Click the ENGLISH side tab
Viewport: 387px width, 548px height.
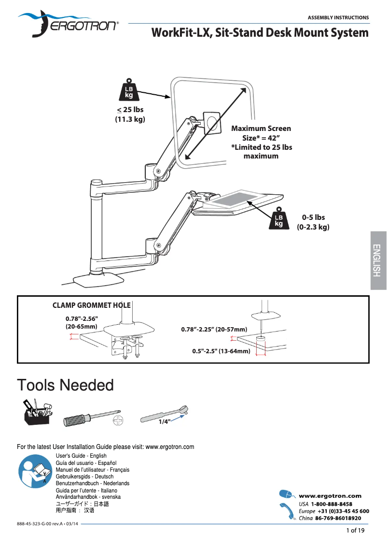[x=378, y=260]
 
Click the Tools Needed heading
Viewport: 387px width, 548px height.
[x=65, y=385]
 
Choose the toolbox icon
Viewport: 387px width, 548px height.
[x=37, y=413]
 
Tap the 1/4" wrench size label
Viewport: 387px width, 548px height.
[x=165, y=421]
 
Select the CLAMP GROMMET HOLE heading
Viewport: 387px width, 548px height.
[x=91, y=305]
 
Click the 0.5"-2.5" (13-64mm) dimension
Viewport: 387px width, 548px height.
[x=221, y=351]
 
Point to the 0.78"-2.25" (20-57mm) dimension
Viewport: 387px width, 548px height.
[x=214, y=329]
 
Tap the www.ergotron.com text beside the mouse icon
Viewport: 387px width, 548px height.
[x=330, y=495]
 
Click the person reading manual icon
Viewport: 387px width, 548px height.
[x=33, y=470]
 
